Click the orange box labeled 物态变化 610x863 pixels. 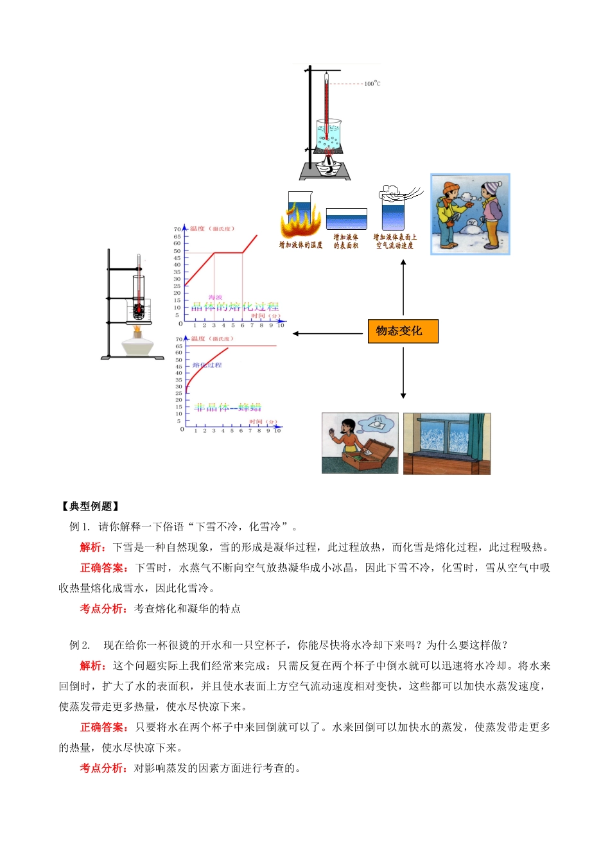click(403, 331)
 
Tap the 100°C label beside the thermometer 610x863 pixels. click(372, 83)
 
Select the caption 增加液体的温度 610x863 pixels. click(301, 245)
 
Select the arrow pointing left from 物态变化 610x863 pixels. click(328, 333)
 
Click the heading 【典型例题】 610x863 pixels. click(90, 507)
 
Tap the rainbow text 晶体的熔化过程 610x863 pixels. click(235, 307)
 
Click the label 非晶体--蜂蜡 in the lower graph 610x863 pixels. click(228, 408)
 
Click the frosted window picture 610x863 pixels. click(447, 444)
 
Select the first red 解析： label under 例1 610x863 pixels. click(93, 548)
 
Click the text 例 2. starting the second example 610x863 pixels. click(80, 645)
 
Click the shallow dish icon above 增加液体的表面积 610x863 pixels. click(346, 219)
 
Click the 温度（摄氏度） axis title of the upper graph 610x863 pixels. click(212, 229)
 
